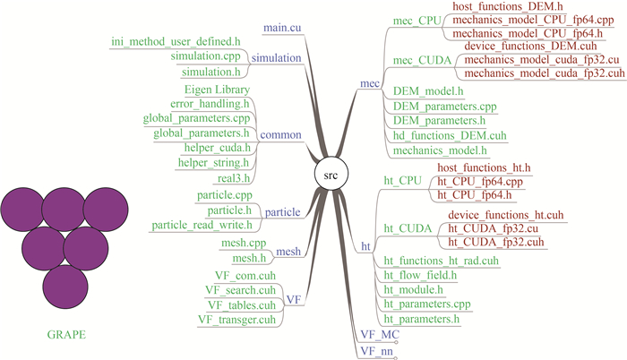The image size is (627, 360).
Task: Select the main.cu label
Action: click(x=281, y=28)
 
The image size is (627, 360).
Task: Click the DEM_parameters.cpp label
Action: click(x=445, y=106)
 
